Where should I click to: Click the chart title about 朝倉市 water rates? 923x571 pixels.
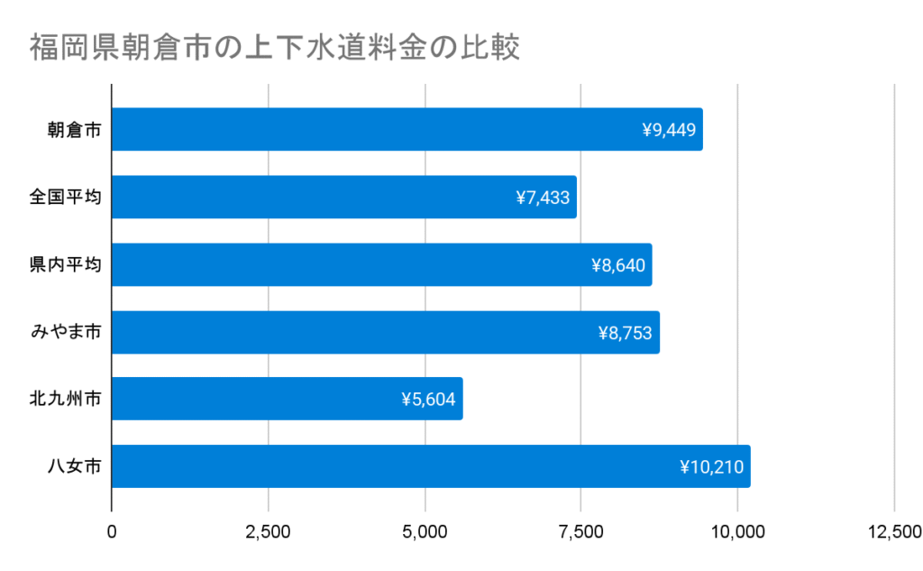click(x=274, y=48)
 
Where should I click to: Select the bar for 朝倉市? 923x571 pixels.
click(x=406, y=130)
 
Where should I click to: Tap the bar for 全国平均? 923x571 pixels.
click(x=343, y=198)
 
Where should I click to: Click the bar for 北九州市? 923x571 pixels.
click(x=287, y=399)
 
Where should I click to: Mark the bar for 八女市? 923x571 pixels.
click(x=430, y=466)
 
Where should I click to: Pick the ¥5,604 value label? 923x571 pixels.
click(x=429, y=400)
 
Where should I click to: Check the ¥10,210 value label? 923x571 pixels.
click(x=712, y=467)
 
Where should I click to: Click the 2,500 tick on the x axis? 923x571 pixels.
click(x=268, y=532)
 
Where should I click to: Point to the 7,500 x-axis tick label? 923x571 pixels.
click(x=581, y=532)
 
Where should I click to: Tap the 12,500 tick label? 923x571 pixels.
click(x=892, y=532)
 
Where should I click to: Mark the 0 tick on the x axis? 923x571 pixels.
click(x=112, y=532)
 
